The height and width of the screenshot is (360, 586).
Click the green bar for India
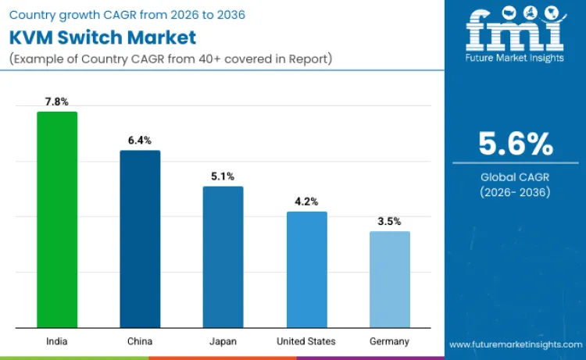pos(57,219)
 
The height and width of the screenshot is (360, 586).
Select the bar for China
pos(140,239)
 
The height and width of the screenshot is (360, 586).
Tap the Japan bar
pos(223,257)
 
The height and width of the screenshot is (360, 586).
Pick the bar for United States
pos(306,269)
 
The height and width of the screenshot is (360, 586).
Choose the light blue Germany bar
pos(389,280)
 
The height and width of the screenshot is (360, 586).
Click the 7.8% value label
pos(57,102)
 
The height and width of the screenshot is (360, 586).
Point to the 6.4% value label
pos(140,141)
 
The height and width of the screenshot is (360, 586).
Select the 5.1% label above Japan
pos(223,176)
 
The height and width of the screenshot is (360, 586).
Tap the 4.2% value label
pos(306,201)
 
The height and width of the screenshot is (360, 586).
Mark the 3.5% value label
pos(389,221)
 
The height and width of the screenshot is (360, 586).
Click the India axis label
pos(57,341)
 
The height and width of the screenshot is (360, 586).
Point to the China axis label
pos(140,341)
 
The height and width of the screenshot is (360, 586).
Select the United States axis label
pos(306,341)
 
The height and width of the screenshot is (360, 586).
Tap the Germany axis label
pos(389,341)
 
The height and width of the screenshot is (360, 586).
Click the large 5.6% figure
pos(515,144)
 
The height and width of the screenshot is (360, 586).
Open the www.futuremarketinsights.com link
pos(515,344)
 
